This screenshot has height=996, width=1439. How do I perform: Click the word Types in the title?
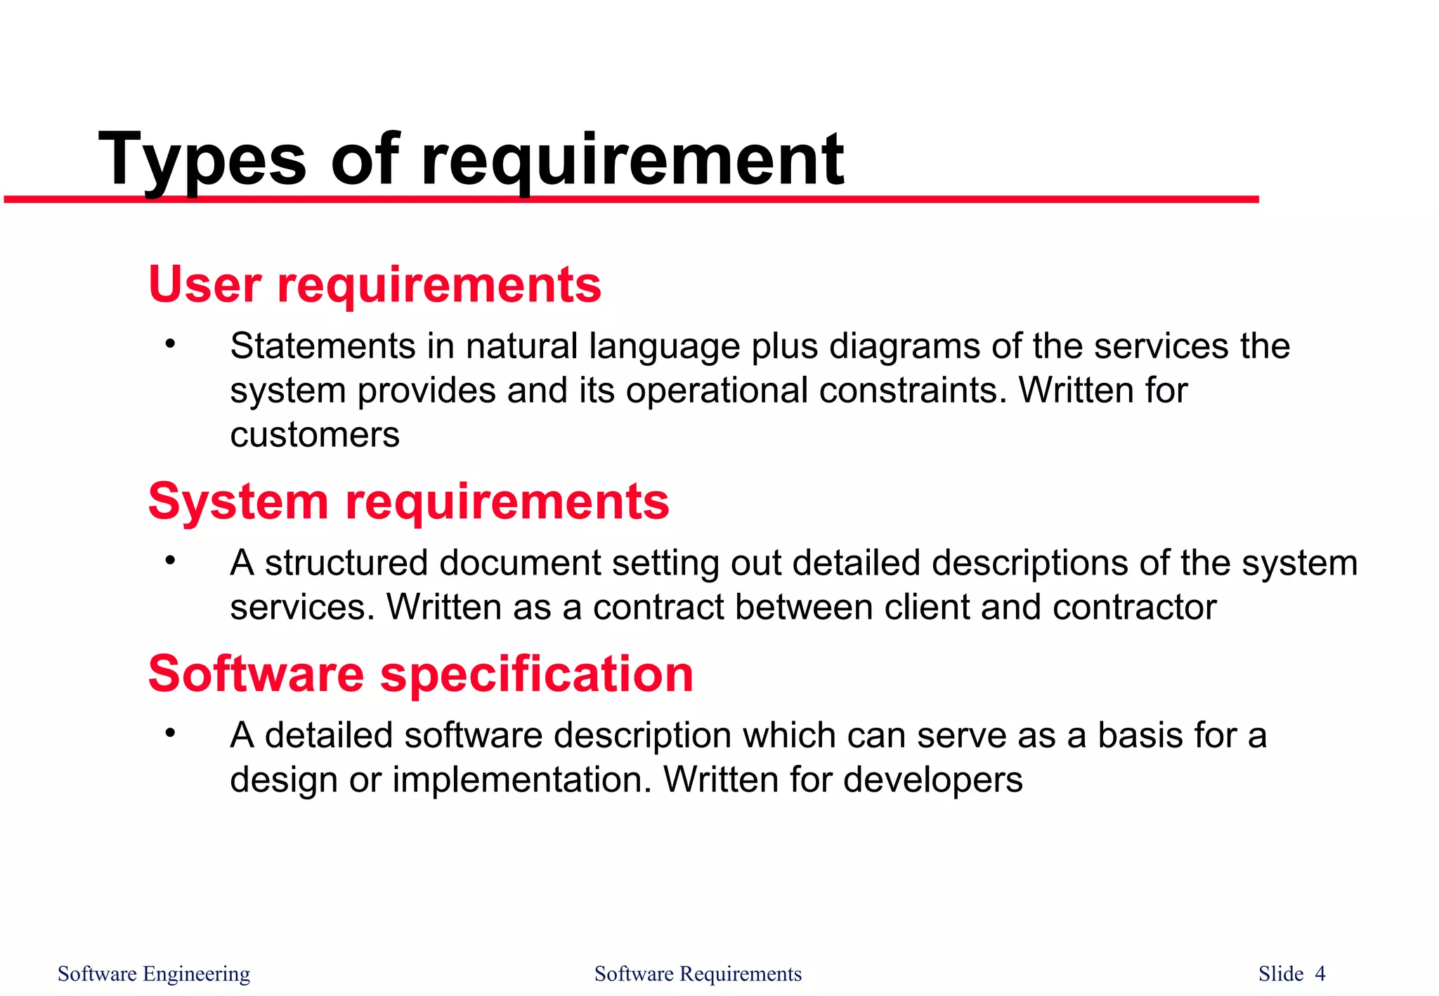(202, 160)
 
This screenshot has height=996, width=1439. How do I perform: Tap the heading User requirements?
(375, 284)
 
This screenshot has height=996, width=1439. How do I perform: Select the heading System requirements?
(408, 502)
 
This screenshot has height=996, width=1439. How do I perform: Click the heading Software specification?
(420, 674)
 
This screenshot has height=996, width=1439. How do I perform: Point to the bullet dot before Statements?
(169, 344)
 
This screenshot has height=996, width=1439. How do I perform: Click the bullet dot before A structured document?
(169, 561)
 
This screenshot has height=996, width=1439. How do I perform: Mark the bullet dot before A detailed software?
(169, 733)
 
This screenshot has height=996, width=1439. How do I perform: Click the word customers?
(315, 435)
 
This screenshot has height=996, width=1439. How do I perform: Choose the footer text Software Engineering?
(154, 974)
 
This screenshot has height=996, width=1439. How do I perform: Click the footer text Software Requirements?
(698, 974)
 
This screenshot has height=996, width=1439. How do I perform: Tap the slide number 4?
(1320, 974)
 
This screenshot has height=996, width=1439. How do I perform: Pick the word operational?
(717, 391)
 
